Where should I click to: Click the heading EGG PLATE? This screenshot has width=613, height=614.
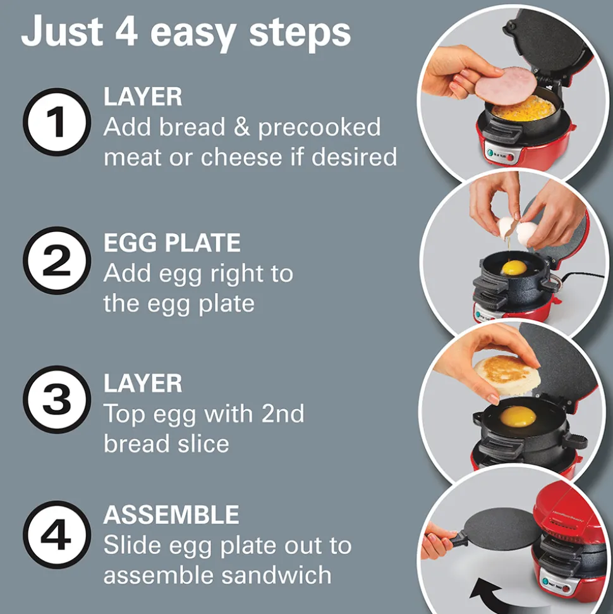(x=172, y=243)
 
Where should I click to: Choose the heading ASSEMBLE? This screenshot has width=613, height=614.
(x=171, y=515)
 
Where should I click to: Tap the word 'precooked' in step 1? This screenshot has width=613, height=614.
(x=320, y=127)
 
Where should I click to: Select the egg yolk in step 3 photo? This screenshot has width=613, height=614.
(x=517, y=416)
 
